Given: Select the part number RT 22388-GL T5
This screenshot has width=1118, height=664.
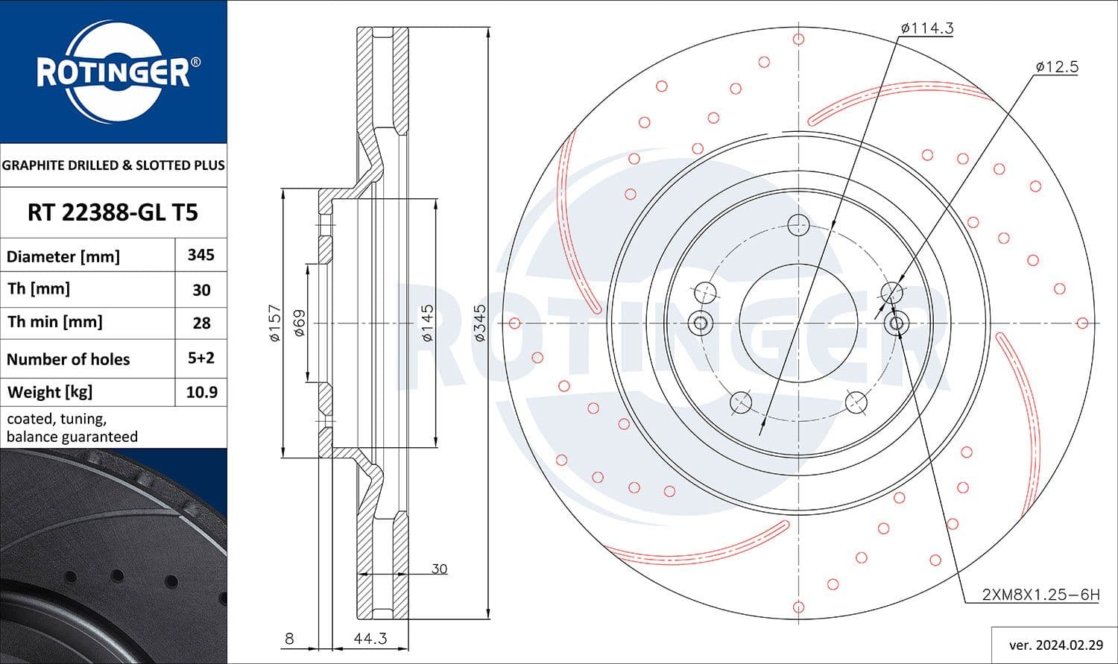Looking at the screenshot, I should [113, 212].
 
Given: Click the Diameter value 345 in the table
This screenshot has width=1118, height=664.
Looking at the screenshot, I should [200, 255].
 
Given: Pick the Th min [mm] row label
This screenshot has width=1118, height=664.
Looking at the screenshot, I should [55, 322].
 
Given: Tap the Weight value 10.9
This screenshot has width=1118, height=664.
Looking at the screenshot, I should [201, 392].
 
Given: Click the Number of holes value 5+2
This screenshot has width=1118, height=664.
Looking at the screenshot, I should [201, 358].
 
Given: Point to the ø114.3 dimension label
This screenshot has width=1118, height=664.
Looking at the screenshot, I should [926, 28].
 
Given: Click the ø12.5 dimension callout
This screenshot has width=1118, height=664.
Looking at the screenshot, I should [1056, 66].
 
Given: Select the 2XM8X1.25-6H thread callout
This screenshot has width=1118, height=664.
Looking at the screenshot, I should [1040, 595].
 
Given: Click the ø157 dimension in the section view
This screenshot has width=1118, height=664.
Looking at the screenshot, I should [274, 323].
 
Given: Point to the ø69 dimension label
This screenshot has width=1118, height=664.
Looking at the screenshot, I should [300, 323].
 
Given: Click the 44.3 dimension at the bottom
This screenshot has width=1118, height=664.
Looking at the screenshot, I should [370, 639].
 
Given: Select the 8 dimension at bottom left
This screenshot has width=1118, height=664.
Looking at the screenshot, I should [289, 639].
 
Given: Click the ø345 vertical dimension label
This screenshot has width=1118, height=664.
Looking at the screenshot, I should [480, 323].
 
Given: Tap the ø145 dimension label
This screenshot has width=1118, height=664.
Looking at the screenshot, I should [427, 323].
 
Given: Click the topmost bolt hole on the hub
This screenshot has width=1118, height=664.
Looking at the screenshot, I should [798, 224].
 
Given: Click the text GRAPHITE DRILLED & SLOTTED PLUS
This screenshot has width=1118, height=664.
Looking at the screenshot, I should [113, 165].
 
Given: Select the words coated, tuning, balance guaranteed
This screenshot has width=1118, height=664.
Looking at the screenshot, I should [72, 428].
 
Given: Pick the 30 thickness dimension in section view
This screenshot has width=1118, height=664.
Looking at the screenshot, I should [439, 569].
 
